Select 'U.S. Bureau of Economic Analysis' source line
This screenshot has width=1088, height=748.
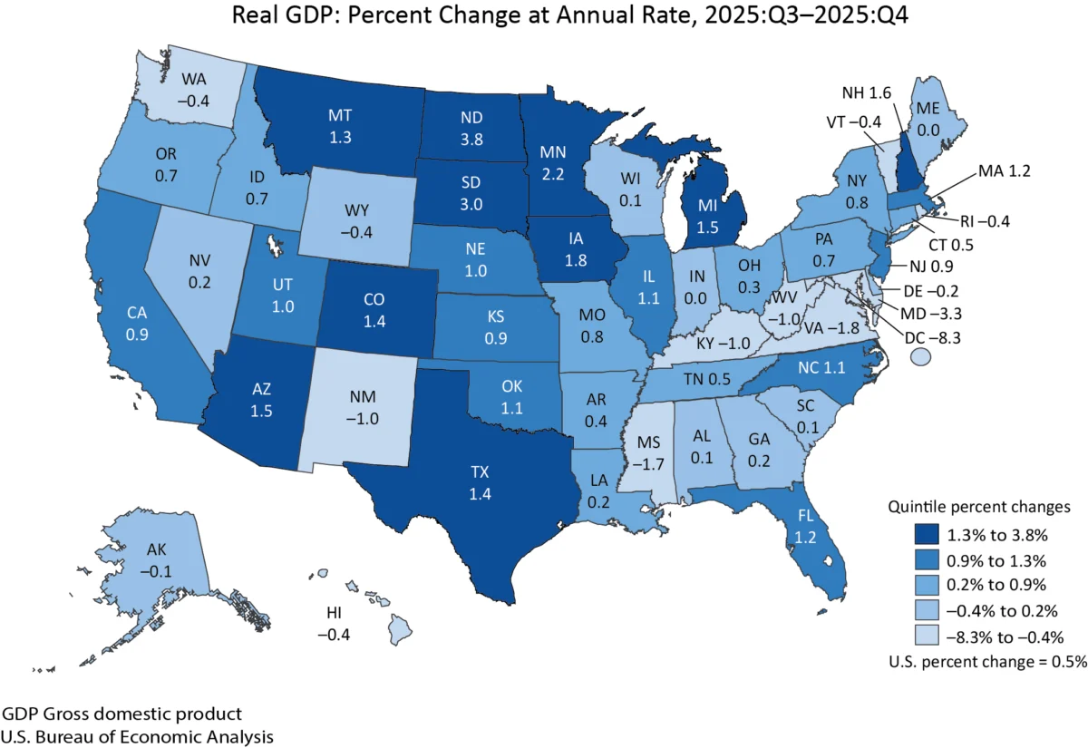pos(137,735)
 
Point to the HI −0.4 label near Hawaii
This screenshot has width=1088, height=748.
pos(338,623)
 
